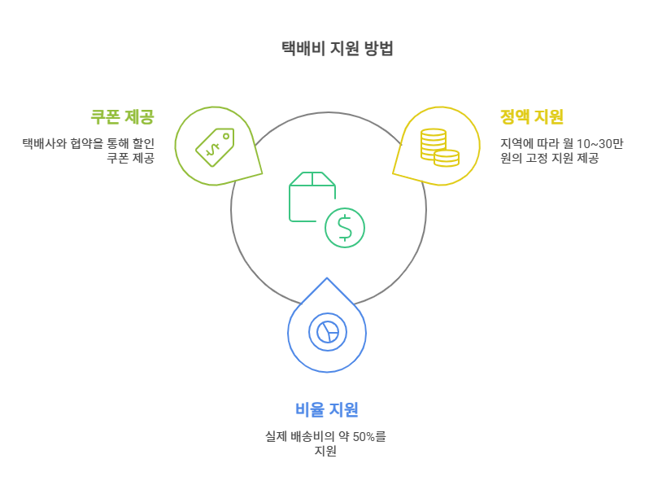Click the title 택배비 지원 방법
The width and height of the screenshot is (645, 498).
[x=336, y=49]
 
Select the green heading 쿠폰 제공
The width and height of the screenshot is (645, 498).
[x=122, y=117]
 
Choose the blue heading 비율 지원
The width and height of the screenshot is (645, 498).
[x=326, y=409]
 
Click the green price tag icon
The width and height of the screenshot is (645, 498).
[x=214, y=146]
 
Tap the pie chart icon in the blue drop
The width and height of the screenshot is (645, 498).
[x=327, y=331]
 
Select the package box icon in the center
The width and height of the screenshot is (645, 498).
[x=312, y=196]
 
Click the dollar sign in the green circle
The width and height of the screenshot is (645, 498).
[x=345, y=228]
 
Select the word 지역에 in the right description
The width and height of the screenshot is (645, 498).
[x=515, y=143]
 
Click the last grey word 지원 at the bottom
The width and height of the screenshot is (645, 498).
[x=326, y=451]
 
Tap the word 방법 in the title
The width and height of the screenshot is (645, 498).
[x=378, y=49]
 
